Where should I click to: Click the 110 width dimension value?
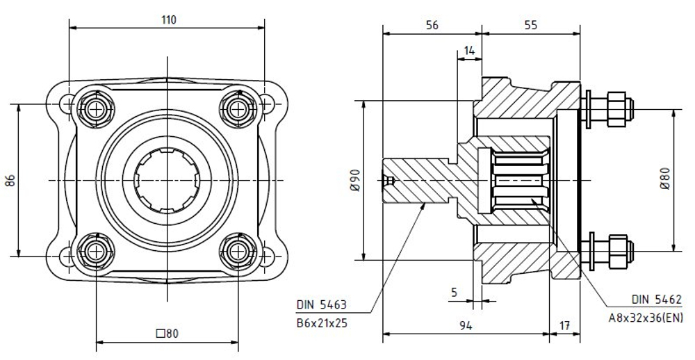[x=168, y=20]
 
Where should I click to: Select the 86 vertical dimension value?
[x=10, y=180]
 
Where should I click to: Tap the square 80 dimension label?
[x=167, y=334]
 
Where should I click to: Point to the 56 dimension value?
[x=432, y=25]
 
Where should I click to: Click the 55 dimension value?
[x=530, y=25]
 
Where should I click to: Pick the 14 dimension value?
[x=469, y=51]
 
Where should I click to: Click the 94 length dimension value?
[x=466, y=327]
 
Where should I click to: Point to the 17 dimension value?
[x=564, y=327]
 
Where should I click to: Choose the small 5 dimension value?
[x=454, y=292]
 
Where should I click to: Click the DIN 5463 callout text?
[x=321, y=305]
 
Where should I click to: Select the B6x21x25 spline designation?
[x=322, y=323]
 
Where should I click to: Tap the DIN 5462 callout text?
[x=657, y=300]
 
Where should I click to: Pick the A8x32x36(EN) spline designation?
[x=646, y=318]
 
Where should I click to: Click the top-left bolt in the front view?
[x=95, y=109]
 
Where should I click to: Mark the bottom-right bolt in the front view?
[x=238, y=252]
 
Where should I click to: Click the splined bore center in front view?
[x=167, y=180]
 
